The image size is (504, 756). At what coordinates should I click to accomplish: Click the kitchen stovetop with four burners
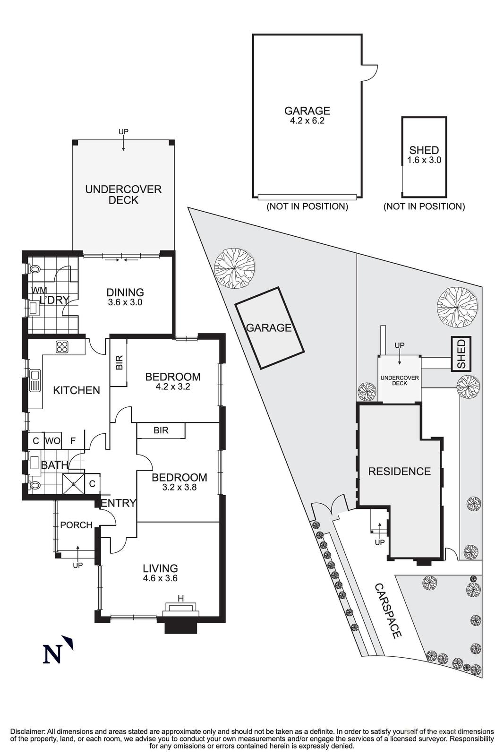pos(62,347)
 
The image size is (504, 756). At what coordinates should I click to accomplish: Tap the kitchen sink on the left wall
pos(35,380)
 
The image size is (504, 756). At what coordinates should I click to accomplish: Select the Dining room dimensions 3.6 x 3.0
pos(125,302)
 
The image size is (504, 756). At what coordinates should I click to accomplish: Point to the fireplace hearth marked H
pos(181,608)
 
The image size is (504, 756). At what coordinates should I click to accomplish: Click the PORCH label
pos(76,525)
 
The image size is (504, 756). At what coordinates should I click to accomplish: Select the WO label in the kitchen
pos(52,441)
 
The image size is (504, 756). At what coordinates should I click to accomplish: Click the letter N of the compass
pos(53,654)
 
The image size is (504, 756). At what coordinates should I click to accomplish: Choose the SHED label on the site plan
pos(461,354)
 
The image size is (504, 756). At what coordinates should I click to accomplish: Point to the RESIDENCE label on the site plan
pos(400,471)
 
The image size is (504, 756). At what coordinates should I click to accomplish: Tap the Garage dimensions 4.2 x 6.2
pos(307,121)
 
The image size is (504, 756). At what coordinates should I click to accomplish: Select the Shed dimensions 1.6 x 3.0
pos(424,160)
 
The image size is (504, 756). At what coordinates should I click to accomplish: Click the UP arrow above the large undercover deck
pos(123,144)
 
